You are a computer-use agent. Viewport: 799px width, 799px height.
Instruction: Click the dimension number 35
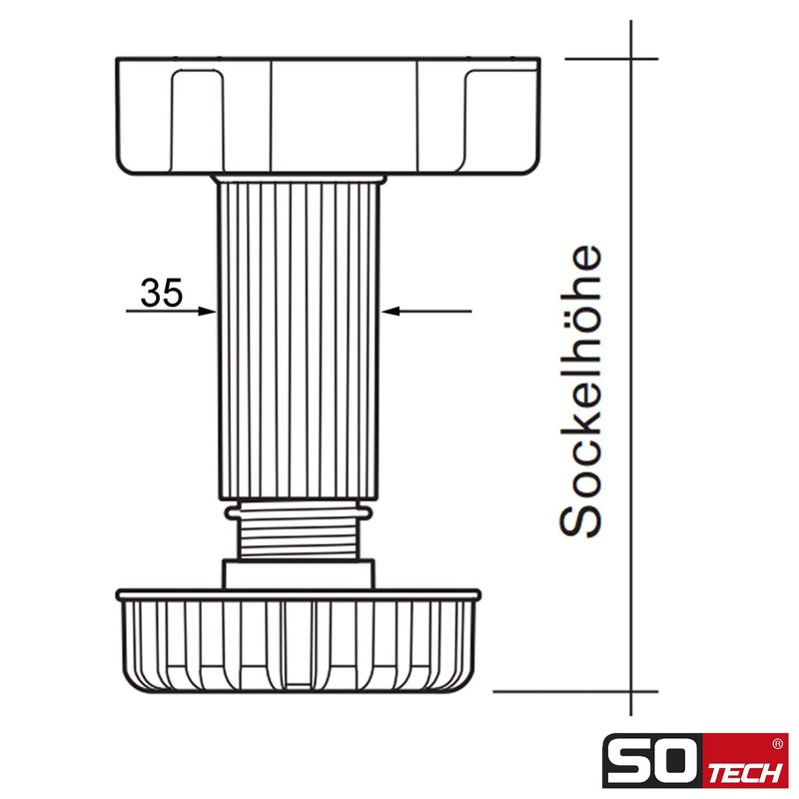[161, 293]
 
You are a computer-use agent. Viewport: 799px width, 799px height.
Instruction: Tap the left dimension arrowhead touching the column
[209, 312]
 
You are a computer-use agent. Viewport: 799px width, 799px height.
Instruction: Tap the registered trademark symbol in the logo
[778, 744]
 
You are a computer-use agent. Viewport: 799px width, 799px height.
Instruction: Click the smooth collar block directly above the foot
[300, 574]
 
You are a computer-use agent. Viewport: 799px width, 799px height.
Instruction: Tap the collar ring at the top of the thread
[300, 511]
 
